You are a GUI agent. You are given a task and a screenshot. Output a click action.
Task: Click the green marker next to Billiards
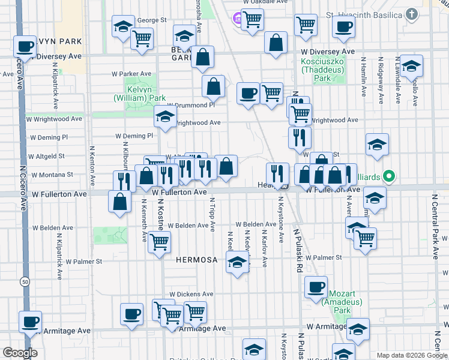pos(388,176)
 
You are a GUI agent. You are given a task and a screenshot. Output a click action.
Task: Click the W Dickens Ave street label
pos(191,295)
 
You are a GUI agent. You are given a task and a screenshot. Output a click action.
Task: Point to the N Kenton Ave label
pos(92,164)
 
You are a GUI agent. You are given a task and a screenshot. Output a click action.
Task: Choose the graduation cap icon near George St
pos(122,26)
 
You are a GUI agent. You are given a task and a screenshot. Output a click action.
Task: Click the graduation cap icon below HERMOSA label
pos(238,262)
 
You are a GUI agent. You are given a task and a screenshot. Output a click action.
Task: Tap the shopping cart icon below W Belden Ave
pos(159,242)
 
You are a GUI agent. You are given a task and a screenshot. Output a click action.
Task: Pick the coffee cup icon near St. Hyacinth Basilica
pos(343,27)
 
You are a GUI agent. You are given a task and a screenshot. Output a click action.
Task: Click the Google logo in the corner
pos(20,353)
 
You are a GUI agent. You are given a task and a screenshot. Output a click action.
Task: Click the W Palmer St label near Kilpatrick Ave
pos(84,262)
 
